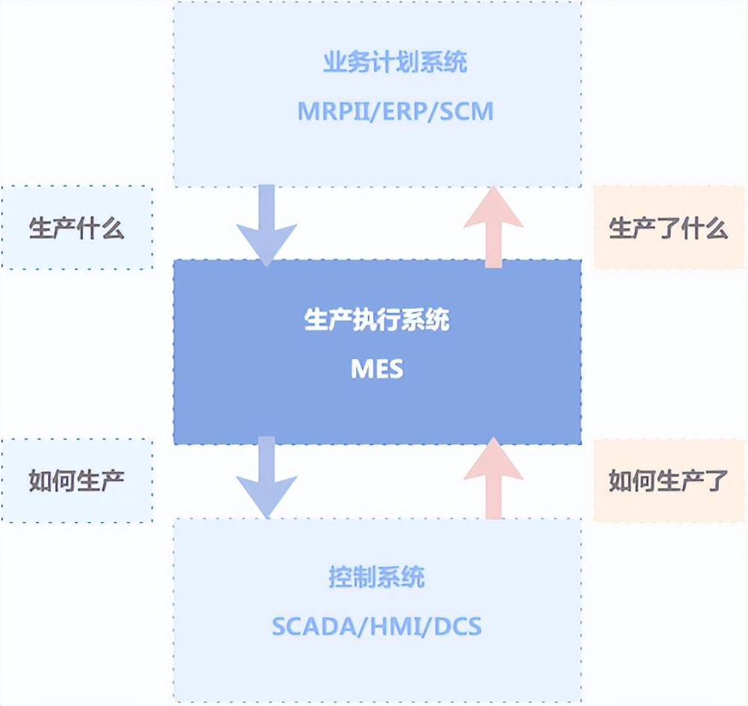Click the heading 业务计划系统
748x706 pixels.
[395, 63]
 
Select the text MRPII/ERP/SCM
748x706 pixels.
[395, 112]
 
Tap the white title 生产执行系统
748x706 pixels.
[377, 321]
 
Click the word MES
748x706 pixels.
[377, 369]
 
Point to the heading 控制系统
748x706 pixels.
[377, 577]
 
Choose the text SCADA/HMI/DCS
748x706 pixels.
[377, 625]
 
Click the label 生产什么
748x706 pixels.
[76, 228]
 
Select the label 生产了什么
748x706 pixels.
[669, 228]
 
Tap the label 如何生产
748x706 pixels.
[76, 481]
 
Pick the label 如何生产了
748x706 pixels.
[669, 481]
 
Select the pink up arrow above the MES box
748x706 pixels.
[493, 227]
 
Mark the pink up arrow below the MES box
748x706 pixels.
[493, 479]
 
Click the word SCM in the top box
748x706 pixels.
[466, 112]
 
